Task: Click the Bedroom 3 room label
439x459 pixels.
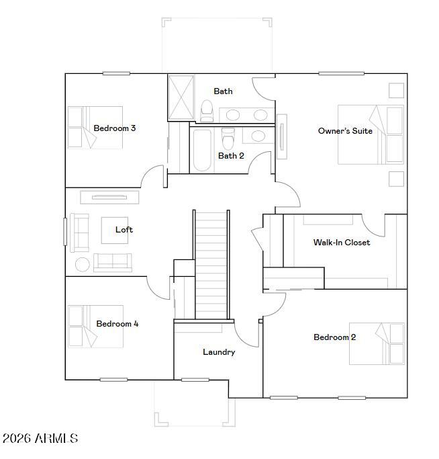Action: click(x=115, y=128)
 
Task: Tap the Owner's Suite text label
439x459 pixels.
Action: click(x=345, y=131)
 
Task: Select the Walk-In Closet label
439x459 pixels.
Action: click(x=342, y=243)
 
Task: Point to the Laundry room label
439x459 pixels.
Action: click(x=219, y=352)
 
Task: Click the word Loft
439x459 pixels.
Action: click(x=124, y=230)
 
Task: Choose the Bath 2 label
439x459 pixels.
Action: click(x=231, y=156)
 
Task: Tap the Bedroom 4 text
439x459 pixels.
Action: click(x=117, y=324)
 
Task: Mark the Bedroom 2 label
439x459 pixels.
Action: click(x=335, y=337)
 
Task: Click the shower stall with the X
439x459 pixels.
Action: click(x=180, y=98)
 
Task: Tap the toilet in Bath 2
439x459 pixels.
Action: click(x=228, y=139)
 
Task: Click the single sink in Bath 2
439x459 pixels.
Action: click(x=257, y=136)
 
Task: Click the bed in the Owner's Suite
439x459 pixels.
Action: click(x=370, y=134)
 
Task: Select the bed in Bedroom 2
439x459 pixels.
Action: click(x=377, y=344)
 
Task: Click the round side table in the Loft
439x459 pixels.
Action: click(x=82, y=264)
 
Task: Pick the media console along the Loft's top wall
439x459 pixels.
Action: click(x=110, y=197)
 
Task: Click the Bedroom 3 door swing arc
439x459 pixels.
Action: click(x=153, y=176)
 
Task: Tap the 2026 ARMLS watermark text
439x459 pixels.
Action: click(x=40, y=439)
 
